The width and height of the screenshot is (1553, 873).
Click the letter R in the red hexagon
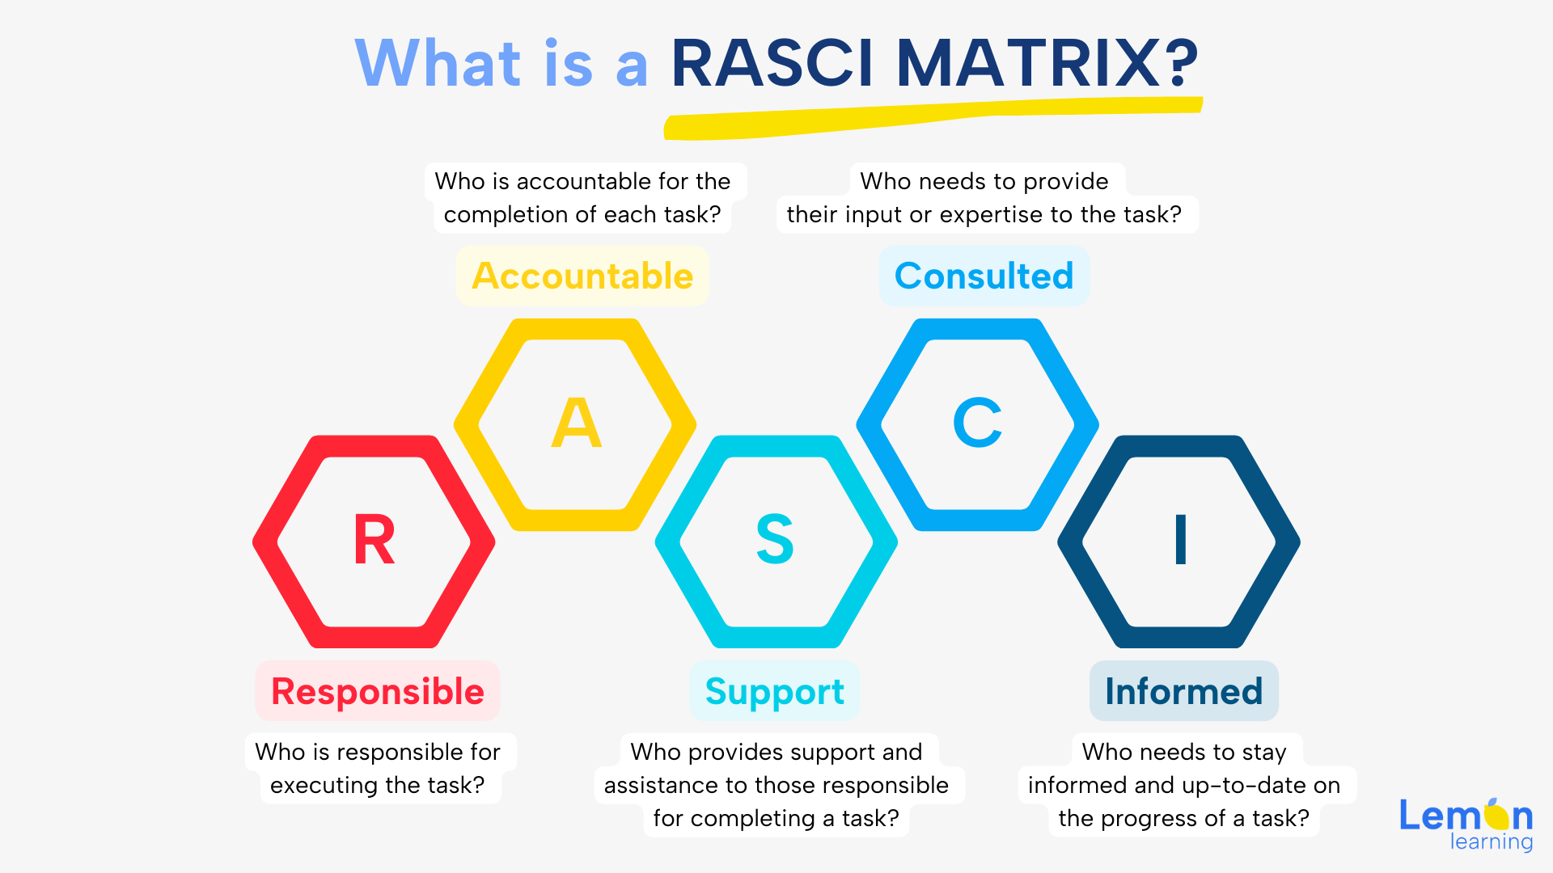[374, 540]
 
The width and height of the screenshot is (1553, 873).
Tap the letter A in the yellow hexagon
[576, 423]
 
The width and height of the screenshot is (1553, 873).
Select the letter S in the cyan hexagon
[775, 539]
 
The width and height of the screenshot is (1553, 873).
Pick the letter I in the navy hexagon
[1180, 539]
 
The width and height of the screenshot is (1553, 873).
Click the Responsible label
[378, 692]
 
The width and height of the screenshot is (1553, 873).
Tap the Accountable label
[582, 276]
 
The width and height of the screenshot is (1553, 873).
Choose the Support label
[774, 692]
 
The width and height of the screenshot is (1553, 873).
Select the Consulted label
[984, 276]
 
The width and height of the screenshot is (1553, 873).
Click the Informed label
[1183, 692]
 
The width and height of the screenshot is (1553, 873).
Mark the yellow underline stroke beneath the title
[930, 117]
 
